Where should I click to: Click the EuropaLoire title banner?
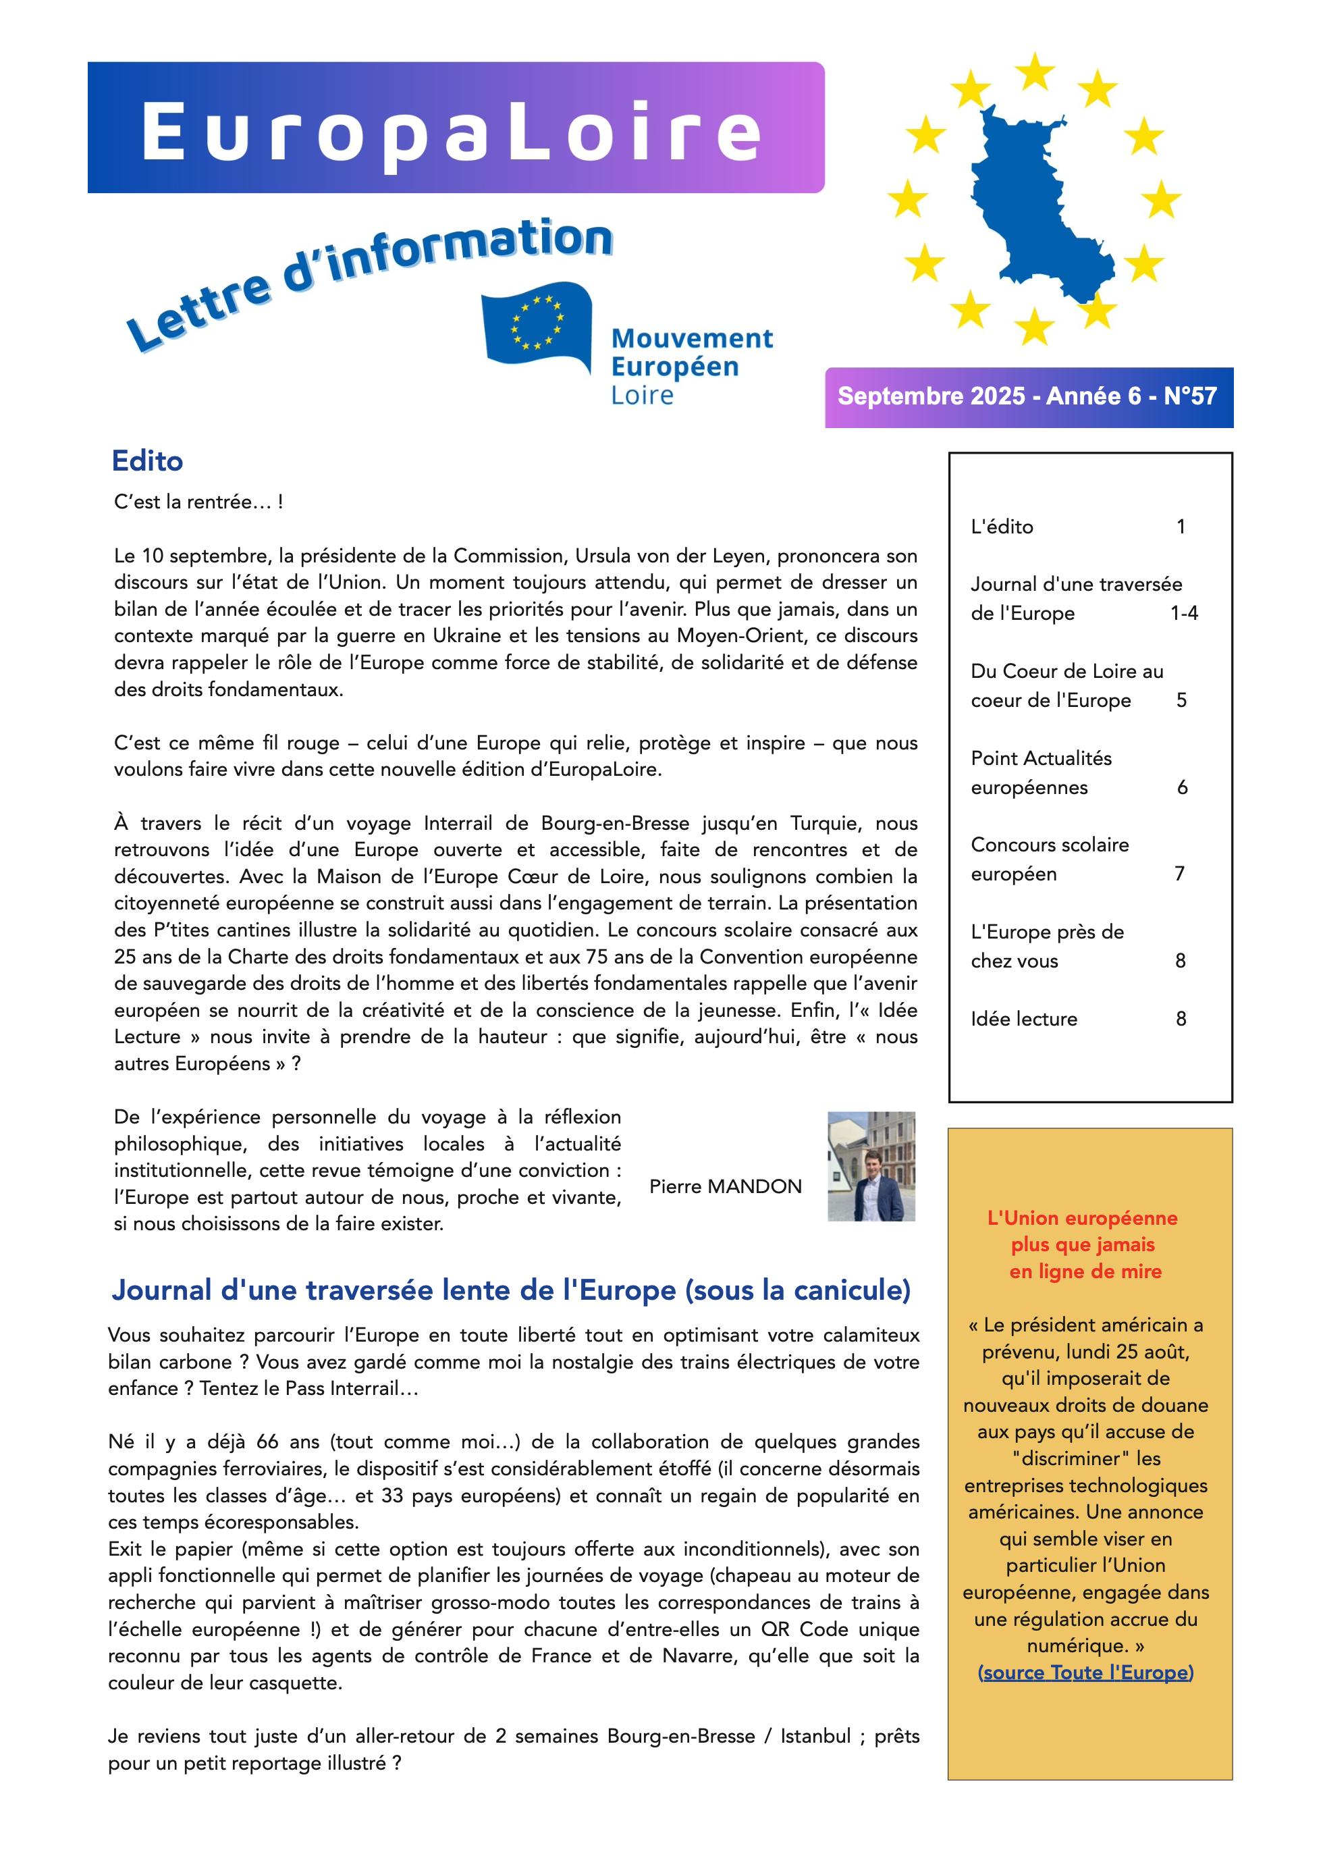pos(455,128)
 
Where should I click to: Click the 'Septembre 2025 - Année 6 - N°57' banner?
pos(1028,397)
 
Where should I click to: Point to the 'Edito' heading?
pos(147,461)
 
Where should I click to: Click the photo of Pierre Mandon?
pos(871,1166)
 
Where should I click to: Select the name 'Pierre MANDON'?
pos(725,1186)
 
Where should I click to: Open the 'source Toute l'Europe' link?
pos(1085,1672)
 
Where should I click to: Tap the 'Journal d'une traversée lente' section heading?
pos(510,1290)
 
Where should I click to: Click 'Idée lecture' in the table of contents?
pos(1024,1019)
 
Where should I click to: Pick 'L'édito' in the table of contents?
pos(1002,527)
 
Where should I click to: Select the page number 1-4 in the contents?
pos(1183,614)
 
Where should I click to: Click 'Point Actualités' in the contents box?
pos(1041,759)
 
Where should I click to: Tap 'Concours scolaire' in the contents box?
pos(1050,845)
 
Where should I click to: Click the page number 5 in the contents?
pos(1181,701)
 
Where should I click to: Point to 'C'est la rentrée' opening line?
pos(198,502)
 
